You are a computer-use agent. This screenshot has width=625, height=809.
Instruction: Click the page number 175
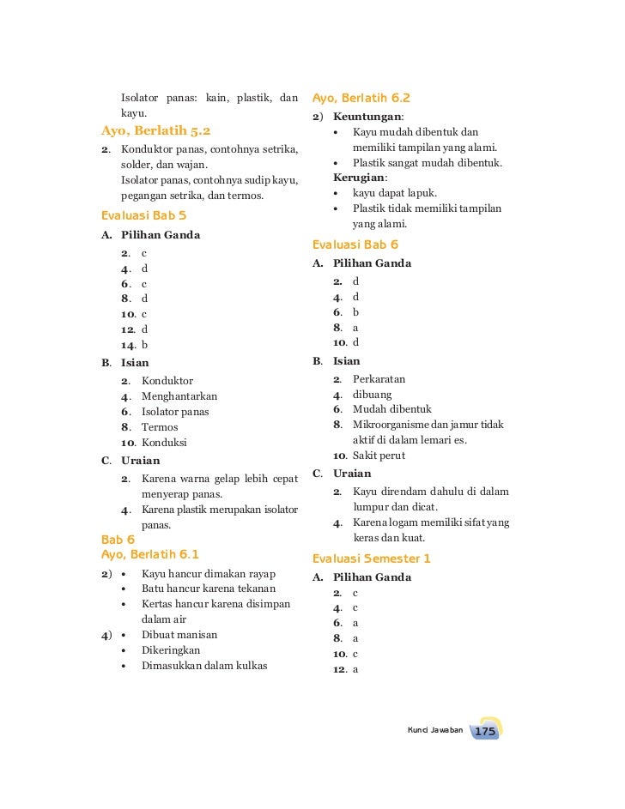click(x=485, y=732)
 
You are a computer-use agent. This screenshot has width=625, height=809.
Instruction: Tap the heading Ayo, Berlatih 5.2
click(x=155, y=131)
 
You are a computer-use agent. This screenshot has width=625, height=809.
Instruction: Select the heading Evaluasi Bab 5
click(x=143, y=214)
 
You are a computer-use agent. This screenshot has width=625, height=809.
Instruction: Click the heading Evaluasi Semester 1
click(x=372, y=558)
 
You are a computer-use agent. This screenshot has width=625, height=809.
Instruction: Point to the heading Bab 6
click(x=118, y=540)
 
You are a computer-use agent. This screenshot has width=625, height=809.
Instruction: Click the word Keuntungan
click(x=367, y=117)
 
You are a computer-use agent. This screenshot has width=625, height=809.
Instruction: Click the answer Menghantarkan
click(x=179, y=396)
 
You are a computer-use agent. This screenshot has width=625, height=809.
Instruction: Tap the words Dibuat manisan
click(x=179, y=635)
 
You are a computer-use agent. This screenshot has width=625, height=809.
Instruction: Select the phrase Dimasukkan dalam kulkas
click(x=204, y=666)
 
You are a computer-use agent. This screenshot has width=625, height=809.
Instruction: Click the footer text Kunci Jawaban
click(x=434, y=730)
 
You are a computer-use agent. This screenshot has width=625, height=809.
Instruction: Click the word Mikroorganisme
click(x=391, y=425)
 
